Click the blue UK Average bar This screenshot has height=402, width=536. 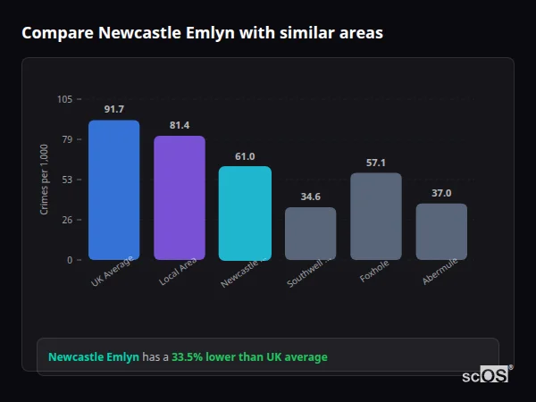(113, 190)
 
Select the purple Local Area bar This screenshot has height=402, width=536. (180, 198)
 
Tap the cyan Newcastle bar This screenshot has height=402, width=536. (245, 214)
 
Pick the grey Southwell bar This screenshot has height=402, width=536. (310, 234)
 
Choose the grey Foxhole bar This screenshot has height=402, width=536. (376, 216)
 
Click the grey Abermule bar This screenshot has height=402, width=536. (441, 232)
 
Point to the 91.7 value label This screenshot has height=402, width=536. (113, 110)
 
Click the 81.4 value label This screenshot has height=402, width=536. (180, 125)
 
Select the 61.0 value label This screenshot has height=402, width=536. (245, 156)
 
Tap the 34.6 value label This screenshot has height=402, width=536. (310, 197)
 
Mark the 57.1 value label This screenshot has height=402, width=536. (376, 163)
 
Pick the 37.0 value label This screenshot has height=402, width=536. (441, 193)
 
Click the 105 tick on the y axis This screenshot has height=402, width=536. (64, 99)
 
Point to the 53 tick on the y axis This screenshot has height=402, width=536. (67, 180)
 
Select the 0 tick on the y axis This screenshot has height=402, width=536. (70, 260)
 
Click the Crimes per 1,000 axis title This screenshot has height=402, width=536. (45, 179)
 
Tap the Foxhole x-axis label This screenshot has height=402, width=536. (374, 272)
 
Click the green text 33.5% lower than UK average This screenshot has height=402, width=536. (249, 357)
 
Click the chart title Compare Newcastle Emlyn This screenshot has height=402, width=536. (202, 33)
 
